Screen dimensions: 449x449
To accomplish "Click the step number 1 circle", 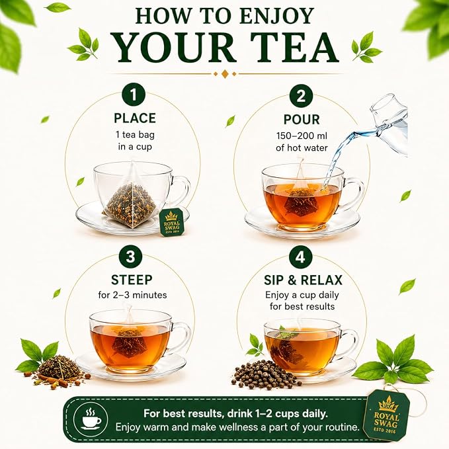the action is [134, 95].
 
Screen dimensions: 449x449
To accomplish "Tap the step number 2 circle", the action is [302, 96].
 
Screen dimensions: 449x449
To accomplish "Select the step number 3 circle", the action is [130, 257].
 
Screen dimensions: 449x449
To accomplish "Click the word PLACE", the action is [135, 118].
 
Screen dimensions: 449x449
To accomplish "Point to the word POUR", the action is [302, 120].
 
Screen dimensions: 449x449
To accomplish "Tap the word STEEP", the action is [132, 280].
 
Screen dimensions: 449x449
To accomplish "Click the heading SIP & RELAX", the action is [303, 280].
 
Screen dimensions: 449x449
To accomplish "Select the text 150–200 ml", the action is [302, 136].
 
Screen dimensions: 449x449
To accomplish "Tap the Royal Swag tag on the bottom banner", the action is [387, 413].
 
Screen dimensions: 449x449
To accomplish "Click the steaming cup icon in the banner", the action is [91, 419].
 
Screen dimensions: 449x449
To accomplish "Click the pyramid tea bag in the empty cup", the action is [130, 198].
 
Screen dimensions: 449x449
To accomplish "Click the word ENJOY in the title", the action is [277, 16].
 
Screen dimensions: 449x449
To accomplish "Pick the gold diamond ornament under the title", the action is [225, 74].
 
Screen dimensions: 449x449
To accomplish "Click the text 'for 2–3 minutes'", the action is [132, 295].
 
